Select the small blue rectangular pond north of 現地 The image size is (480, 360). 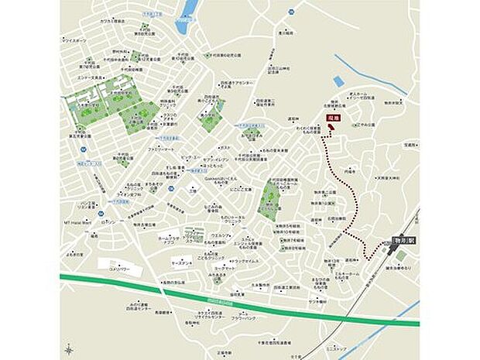[x=338, y=81]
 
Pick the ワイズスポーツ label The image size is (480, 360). [x=76, y=39]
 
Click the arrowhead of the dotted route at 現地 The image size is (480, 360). [x=327, y=132]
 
